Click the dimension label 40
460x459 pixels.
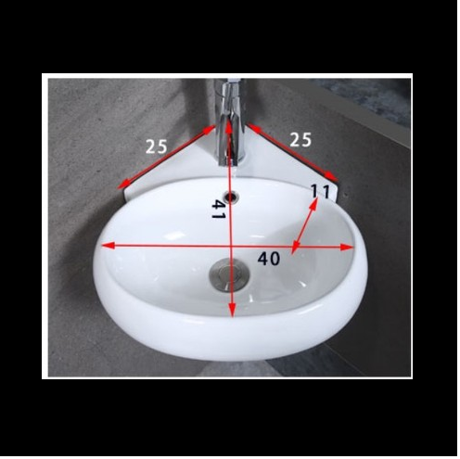tap(269, 259)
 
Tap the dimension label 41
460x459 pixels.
tap(218, 210)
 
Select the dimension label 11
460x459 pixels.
tap(320, 191)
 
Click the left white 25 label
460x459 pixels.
tap(157, 147)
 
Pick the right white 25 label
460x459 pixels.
tap(300, 140)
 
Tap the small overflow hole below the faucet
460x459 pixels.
tap(232, 197)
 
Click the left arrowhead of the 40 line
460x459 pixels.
tap(109, 246)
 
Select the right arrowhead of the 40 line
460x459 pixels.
tap(347, 247)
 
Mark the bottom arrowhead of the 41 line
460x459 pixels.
tap(232, 311)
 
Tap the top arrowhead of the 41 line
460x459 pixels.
tap(228, 126)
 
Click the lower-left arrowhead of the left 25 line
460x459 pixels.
tap(122, 184)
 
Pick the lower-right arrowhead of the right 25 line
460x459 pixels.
tap(331, 176)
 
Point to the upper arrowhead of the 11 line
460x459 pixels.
tap(313, 204)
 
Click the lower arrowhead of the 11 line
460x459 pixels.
tap(295, 247)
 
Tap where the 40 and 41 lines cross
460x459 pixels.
tap(231, 246)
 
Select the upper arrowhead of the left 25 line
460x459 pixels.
tap(210, 130)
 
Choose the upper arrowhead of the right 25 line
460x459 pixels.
tap(252, 128)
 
